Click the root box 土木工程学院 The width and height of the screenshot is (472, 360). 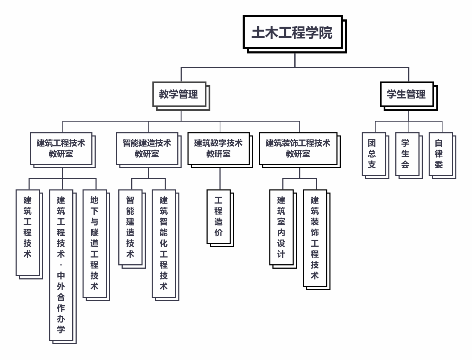point(292,32)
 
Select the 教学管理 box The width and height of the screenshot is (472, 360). point(179,94)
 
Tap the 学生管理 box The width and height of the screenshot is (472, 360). point(407,94)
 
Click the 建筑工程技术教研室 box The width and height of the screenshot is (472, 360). point(61,148)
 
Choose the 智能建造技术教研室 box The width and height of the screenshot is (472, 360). point(147,148)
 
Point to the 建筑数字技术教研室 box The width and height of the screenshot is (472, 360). point(218,148)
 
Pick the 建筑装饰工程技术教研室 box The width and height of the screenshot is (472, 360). point(298,148)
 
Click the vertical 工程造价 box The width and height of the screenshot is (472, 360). point(218,216)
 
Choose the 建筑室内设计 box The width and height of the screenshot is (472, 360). point(281,227)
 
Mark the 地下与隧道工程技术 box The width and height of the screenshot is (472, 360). point(94,243)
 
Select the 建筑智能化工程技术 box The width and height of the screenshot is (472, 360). point(164,243)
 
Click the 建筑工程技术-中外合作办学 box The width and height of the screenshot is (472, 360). point(61,265)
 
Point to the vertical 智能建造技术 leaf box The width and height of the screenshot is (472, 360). point(130,227)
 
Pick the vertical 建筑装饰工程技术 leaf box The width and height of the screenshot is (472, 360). point(315,238)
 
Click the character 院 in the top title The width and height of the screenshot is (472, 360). point(326,33)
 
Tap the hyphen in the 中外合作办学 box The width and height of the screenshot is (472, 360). point(61,265)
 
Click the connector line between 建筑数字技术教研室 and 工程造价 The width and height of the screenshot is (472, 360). point(220,178)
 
